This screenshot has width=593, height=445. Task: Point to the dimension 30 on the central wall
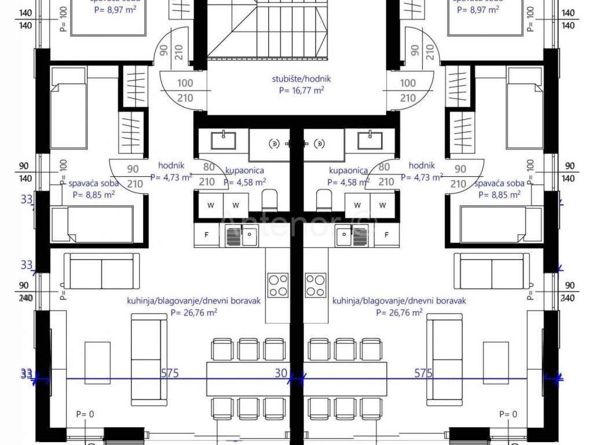click(281, 374)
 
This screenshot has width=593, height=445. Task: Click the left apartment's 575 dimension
click(169, 374)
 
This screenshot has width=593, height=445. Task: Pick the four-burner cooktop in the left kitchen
click(278, 284)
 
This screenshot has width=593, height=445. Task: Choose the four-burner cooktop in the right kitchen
click(316, 284)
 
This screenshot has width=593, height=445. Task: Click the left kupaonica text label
click(245, 171)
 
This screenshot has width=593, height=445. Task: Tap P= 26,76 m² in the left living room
click(194, 312)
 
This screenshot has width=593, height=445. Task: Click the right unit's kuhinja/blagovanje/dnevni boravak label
click(399, 301)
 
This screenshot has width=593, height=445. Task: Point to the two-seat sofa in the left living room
click(101, 271)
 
